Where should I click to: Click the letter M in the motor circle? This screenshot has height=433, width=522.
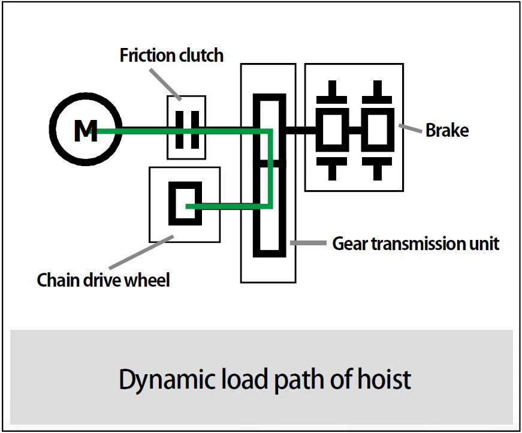[x=85, y=130]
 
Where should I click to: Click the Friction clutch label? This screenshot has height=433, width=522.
[x=171, y=56]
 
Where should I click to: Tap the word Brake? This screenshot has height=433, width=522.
[x=446, y=130]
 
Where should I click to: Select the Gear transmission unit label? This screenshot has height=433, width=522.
[x=415, y=244]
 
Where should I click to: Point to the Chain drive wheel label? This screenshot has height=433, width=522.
[x=103, y=279]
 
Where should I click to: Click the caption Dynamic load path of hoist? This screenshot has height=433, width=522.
[x=265, y=380]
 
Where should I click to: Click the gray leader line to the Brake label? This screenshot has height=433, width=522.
[x=411, y=127]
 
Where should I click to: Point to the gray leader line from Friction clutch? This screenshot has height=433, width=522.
[x=165, y=83]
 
